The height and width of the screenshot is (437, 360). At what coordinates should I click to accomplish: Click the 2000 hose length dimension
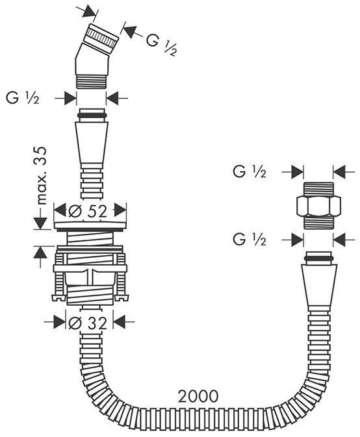[x=198, y=396]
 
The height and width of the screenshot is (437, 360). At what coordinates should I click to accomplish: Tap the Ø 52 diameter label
[x=88, y=212]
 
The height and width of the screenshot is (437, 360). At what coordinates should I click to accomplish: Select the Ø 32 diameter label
[x=88, y=323]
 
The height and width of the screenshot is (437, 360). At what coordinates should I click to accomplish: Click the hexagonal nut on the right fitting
[x=318, y=206]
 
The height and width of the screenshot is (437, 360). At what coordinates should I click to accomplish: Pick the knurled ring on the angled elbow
[x=102, y=38]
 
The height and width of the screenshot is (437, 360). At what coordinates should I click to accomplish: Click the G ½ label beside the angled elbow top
[x=162, y=45]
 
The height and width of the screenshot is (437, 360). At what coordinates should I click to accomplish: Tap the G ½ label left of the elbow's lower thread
[x=23, y=98]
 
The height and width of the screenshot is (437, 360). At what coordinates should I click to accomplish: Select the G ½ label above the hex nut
[x=250, y=171]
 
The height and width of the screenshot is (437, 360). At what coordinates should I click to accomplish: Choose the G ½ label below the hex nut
[x=250, y=240]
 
